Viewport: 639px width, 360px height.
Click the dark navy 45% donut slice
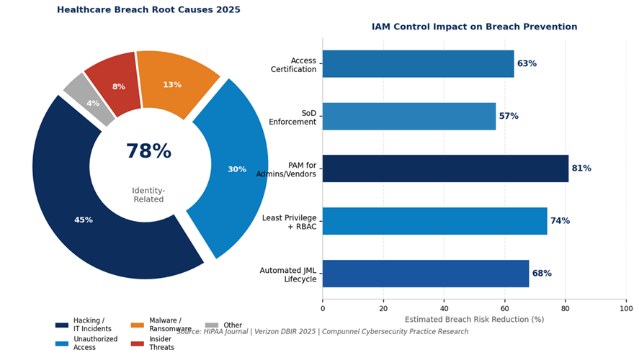coord(84,220)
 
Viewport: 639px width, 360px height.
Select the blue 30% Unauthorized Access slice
coord(237,169)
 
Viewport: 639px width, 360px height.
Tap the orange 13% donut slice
coord(172,84)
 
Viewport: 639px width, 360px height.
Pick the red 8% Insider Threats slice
coord(119,86)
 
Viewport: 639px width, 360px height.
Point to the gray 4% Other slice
coord(93,103)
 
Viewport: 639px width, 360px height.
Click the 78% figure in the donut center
coord(148,152)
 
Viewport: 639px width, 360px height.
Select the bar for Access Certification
coord(418,64)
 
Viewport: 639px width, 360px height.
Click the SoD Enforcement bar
coord(408,117)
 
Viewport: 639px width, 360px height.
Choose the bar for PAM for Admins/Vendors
coord(445,168)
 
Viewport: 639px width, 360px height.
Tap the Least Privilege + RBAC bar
coord(434,221)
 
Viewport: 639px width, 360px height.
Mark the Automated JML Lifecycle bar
coord(425,274)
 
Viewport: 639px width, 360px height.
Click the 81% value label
coord(581,168)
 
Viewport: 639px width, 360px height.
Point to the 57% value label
coord(509,117)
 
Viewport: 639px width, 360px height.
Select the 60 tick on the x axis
coord(504,308)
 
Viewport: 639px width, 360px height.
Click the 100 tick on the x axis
coord(625,308)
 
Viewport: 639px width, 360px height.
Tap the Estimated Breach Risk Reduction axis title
coord(474,319)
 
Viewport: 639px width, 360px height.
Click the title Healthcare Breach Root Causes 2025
coord(148,10)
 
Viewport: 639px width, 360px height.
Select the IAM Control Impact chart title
coord(474,27)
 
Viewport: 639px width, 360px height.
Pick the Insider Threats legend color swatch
coord(137,343)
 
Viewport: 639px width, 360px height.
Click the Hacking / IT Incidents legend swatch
coord(62,325)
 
